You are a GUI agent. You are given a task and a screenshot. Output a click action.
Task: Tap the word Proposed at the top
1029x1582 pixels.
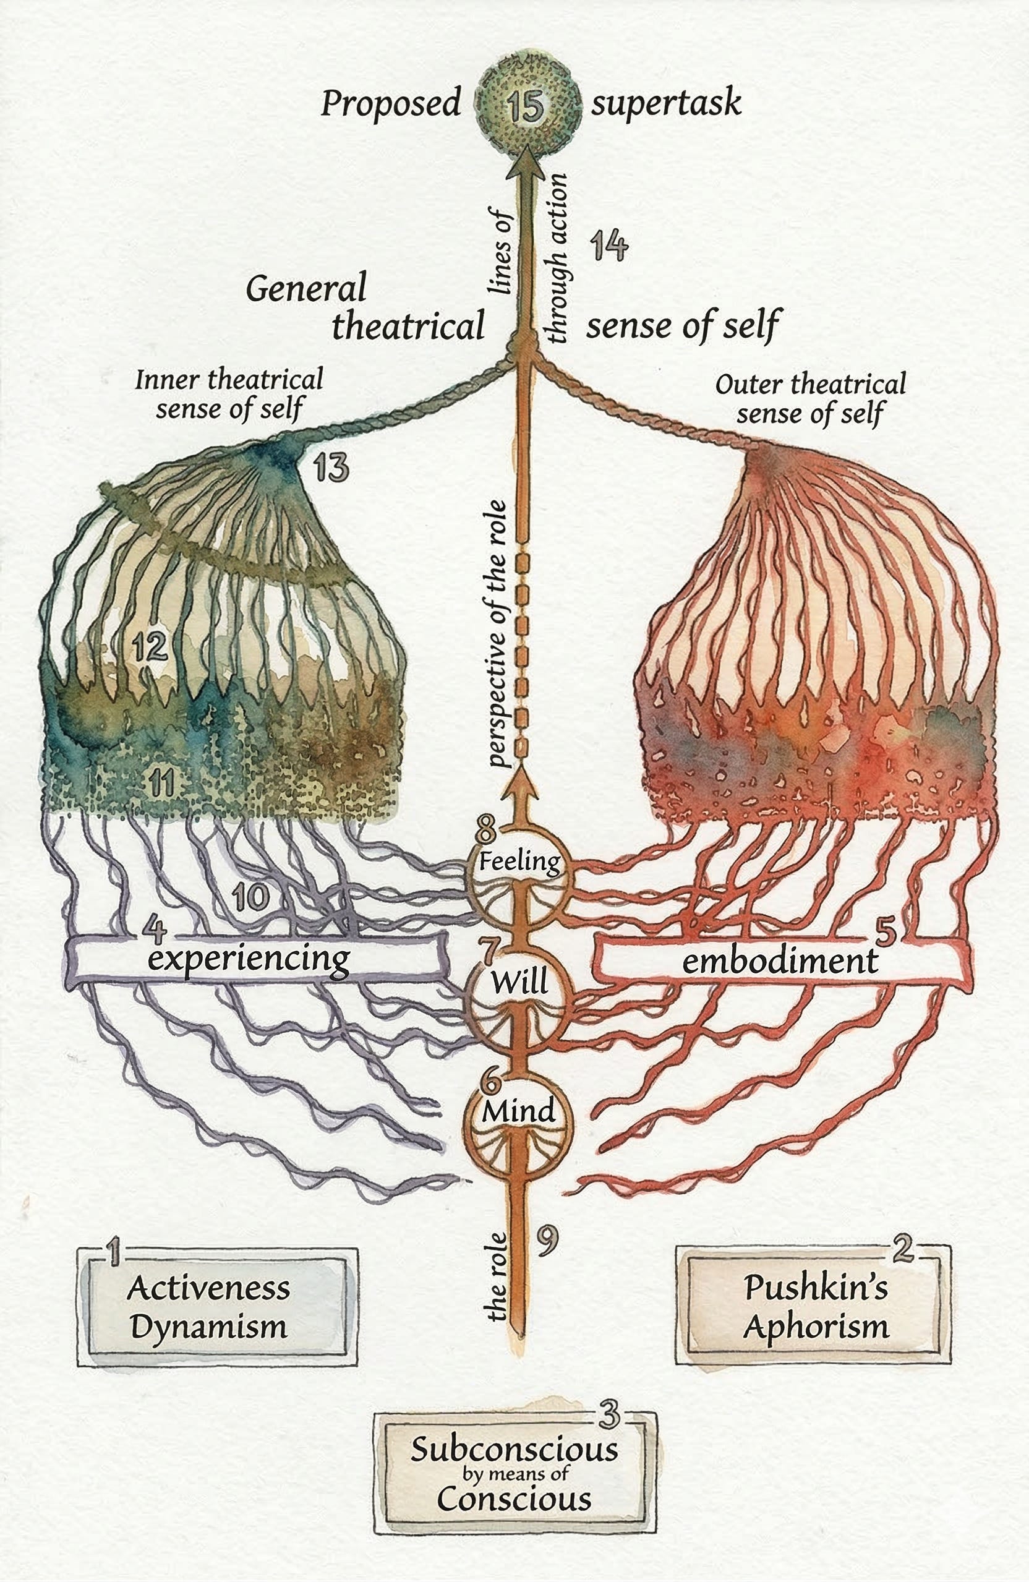[391, 105]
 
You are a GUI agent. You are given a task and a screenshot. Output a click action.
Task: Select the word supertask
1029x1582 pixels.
[666, 105]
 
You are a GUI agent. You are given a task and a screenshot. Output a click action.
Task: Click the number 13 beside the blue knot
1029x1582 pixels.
[330, 468]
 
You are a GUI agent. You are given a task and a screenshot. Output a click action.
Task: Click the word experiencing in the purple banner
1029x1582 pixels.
[248, 959]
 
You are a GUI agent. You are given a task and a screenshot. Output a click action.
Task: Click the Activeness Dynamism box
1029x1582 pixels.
[216, 1308]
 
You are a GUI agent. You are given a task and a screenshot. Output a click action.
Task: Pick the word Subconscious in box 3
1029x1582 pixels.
[514, 1450]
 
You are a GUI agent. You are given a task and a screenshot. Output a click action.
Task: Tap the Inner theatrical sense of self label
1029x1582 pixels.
[229, 394]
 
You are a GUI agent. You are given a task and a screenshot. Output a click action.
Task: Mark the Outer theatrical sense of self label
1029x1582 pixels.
[810, 398]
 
